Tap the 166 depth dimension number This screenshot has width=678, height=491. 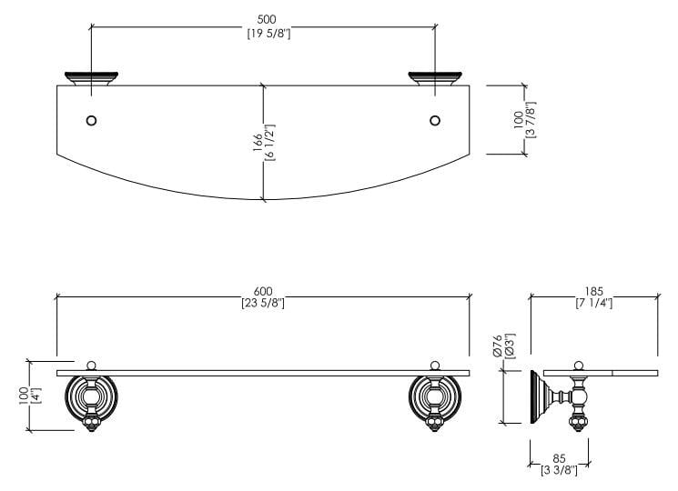tap(258, 141)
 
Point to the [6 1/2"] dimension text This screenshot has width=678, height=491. tap(270, 141)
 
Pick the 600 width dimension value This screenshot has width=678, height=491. tap(263, 290)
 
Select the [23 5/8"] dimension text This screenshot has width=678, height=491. tap(263, 303)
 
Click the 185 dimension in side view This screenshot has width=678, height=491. tap(593, 291)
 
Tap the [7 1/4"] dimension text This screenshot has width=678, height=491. tap(593, 304)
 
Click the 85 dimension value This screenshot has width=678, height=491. tap(559, 458)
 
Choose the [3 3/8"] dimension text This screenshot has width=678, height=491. tap(559, 471)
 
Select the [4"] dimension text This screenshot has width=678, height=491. tap(35, 396)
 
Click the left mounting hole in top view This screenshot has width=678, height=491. tap(91, 119)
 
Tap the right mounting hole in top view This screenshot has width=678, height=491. tap(435, 119)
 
